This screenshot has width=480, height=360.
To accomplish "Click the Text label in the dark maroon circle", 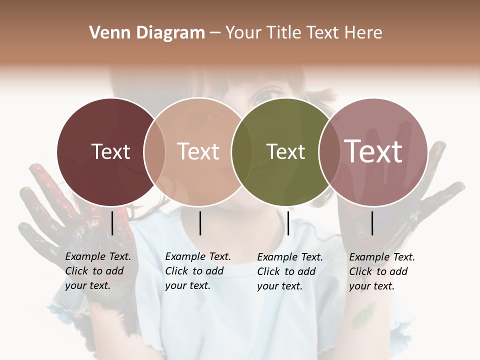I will (110, 151).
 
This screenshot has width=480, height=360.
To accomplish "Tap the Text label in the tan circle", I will (198, 151).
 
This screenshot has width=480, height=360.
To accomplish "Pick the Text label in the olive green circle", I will (285, 151).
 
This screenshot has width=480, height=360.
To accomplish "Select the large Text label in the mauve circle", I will (373, 151).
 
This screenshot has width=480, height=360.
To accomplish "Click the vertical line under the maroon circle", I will (112, 223).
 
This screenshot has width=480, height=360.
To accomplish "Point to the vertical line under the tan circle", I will (200, 223).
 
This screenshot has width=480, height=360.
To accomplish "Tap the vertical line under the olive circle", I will (288, 223).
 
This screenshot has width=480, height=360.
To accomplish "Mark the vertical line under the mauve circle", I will (372, 223).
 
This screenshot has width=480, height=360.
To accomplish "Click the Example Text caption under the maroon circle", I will (98, 271).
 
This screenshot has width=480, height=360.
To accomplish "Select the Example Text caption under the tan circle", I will (198, 271).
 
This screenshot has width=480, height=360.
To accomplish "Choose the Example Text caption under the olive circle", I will (290, 271).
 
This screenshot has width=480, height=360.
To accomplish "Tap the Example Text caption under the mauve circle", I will (382, 271).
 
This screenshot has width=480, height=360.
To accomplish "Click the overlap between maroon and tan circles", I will (154, 151).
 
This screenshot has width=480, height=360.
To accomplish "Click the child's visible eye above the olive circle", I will (269, 93).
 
